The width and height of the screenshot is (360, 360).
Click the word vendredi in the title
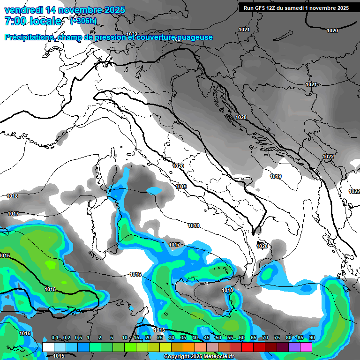point(22,10)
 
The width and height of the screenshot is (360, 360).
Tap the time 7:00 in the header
point(15,21)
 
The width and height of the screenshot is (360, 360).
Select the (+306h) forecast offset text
point(83,21)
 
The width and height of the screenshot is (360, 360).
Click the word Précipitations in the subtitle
point(28,37)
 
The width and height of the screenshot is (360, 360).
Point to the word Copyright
point(176,357)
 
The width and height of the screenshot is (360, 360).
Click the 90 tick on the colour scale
point(312,338)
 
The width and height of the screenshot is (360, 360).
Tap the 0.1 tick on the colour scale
point(54,338)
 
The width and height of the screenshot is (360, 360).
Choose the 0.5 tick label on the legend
point(77,338)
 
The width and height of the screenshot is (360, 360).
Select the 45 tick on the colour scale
point(207,338)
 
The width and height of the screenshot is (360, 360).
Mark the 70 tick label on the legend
point(265,338)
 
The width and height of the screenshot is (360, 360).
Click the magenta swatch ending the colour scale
point(306,347)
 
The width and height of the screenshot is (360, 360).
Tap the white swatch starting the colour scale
point(48,347)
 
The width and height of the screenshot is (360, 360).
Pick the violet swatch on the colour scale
point(294,347)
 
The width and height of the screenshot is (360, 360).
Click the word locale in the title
point(47,21)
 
